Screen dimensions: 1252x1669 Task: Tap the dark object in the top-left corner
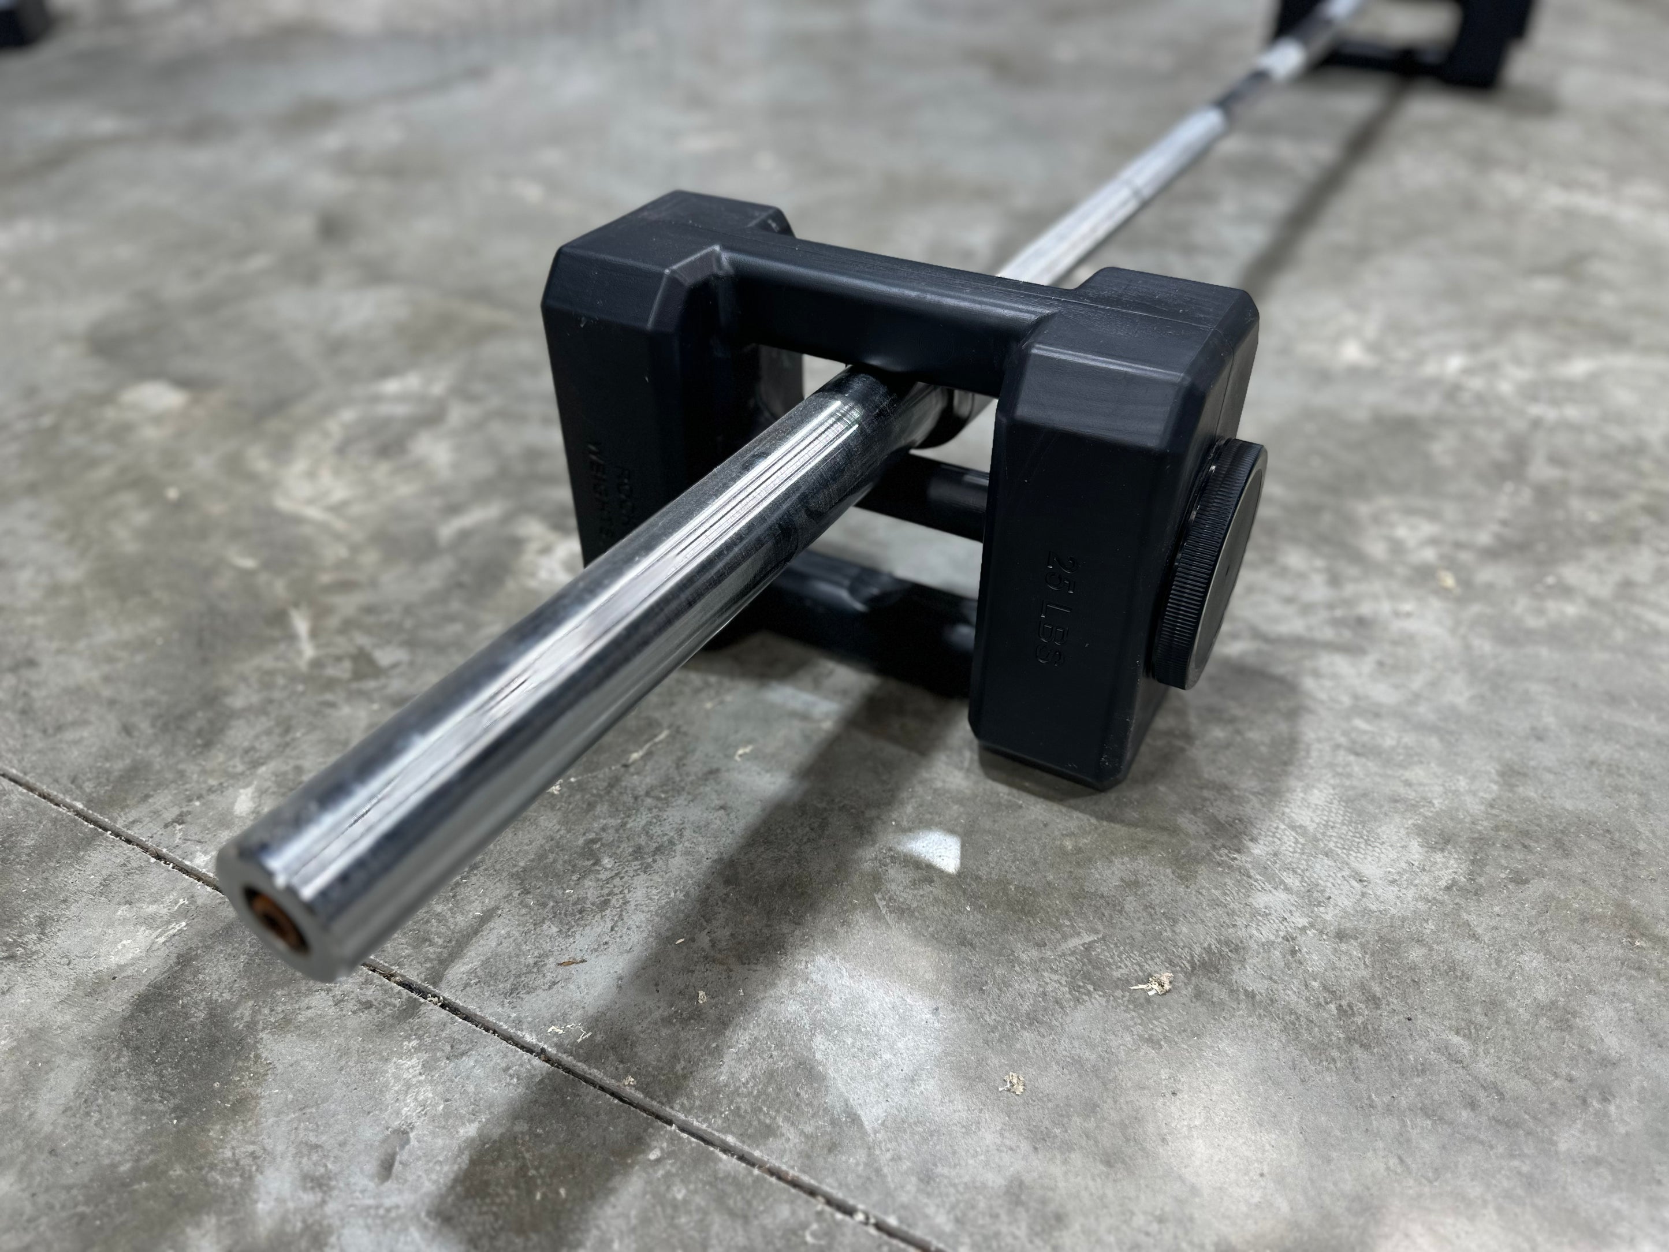coord(19,19)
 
